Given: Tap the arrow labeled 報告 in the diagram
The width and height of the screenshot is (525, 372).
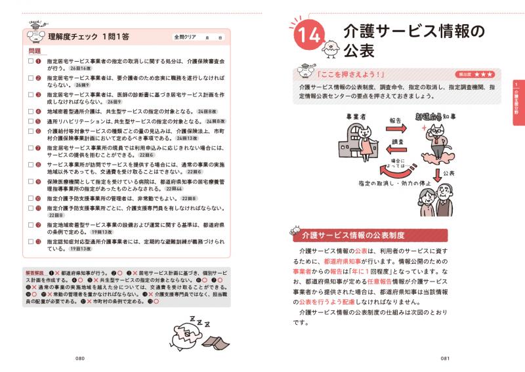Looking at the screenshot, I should (394, 129).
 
